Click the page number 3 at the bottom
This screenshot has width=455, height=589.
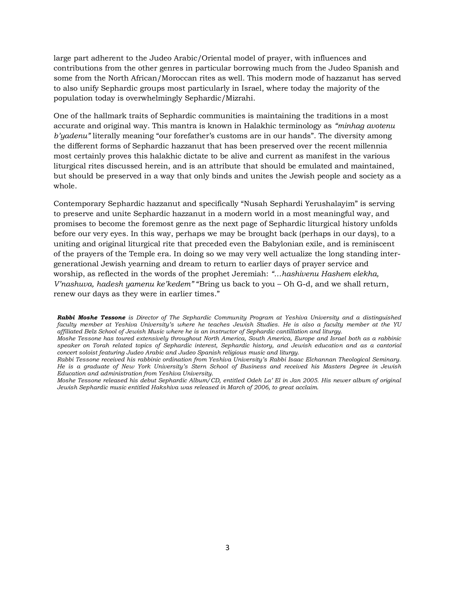click(x=227, y=547)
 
